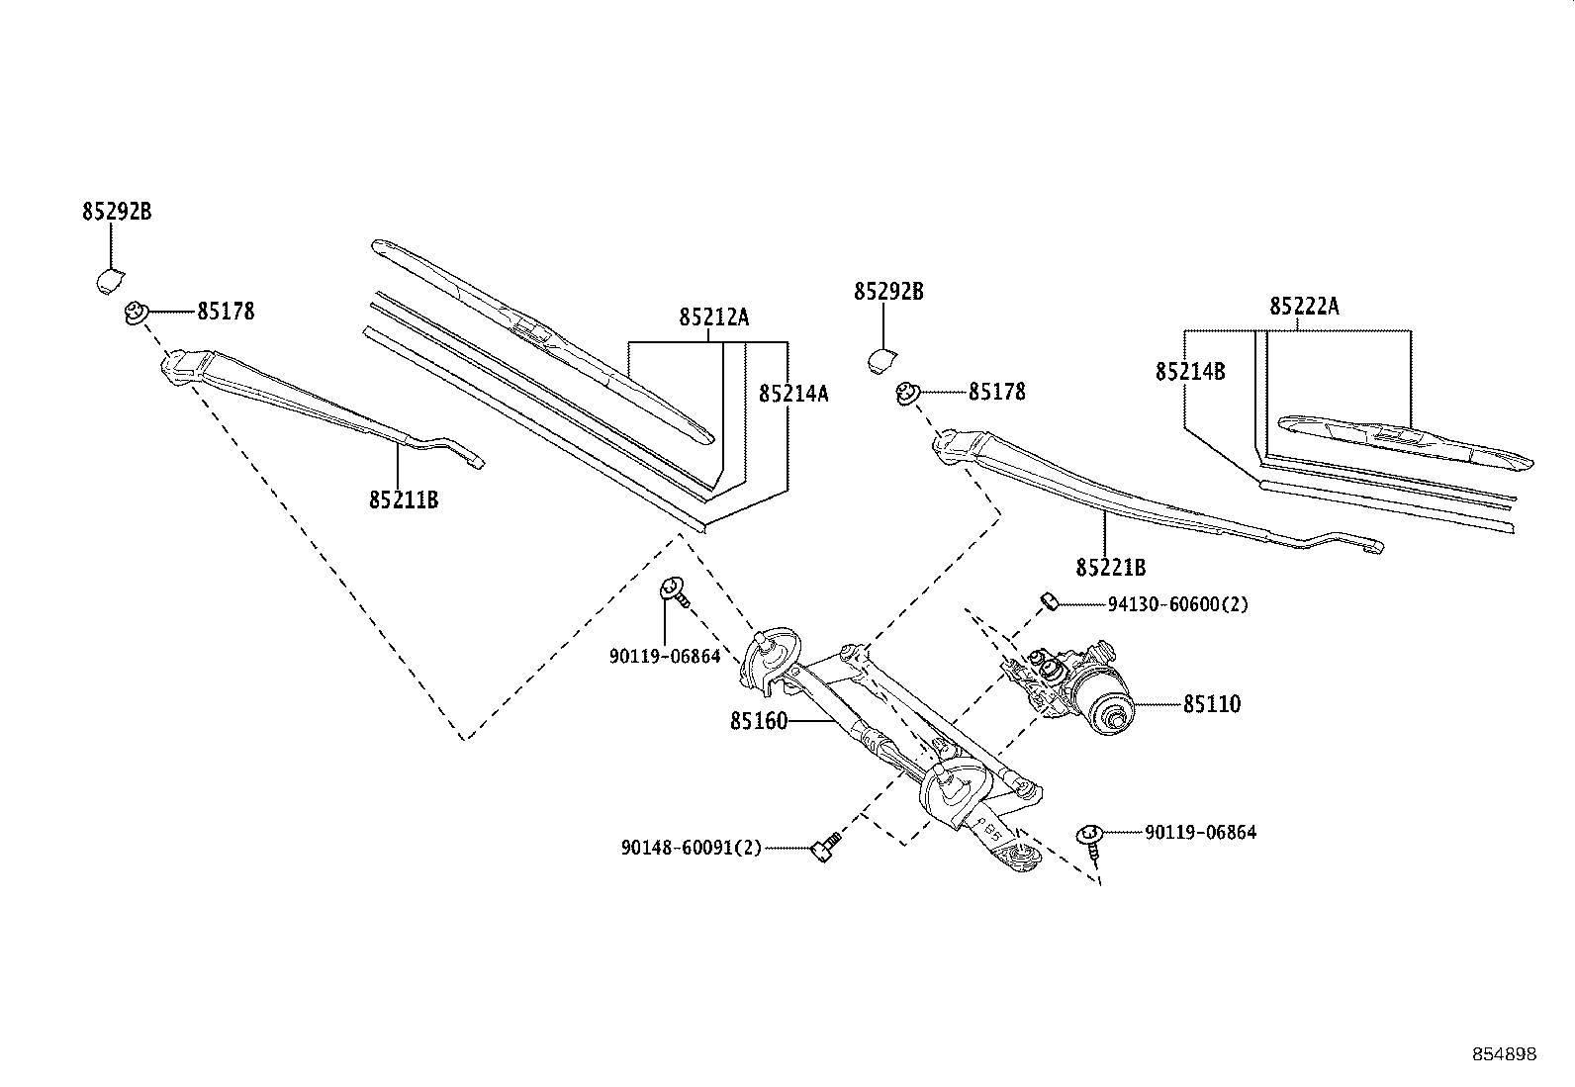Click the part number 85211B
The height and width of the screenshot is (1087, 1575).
[x=404, y=499]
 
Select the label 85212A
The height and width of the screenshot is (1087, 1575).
[x=713, y=317]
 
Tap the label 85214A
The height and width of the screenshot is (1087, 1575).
[x=793, y=394]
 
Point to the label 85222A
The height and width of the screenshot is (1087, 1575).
[x=1304, y=307]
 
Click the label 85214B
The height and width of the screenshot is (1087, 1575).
[x=1190, y=371]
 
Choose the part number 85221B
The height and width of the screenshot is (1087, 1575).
[x=1111, y=568]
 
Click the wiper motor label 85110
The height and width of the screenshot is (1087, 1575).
[x=1212, y=704]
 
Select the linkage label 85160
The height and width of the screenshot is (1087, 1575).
[x=759, y=721]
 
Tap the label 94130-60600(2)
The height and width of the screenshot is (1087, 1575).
[x=1178, y=604]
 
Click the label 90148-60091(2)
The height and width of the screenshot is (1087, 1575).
[x=692, y=848]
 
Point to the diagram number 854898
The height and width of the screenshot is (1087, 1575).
[x=1505, y=1054]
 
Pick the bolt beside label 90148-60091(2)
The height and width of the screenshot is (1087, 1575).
[x=824, y=847]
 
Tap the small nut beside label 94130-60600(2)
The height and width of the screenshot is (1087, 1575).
[x=1049, y=602]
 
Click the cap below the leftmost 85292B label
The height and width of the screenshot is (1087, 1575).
[x=110, y=281]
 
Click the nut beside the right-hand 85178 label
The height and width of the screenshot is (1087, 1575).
[x=908, y=393]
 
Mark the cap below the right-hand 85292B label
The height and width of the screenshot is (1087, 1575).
[x=881, y=361]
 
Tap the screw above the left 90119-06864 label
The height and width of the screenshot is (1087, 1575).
[x=675, y=592]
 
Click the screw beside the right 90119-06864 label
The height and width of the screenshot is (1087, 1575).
[x=1090, y=842]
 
